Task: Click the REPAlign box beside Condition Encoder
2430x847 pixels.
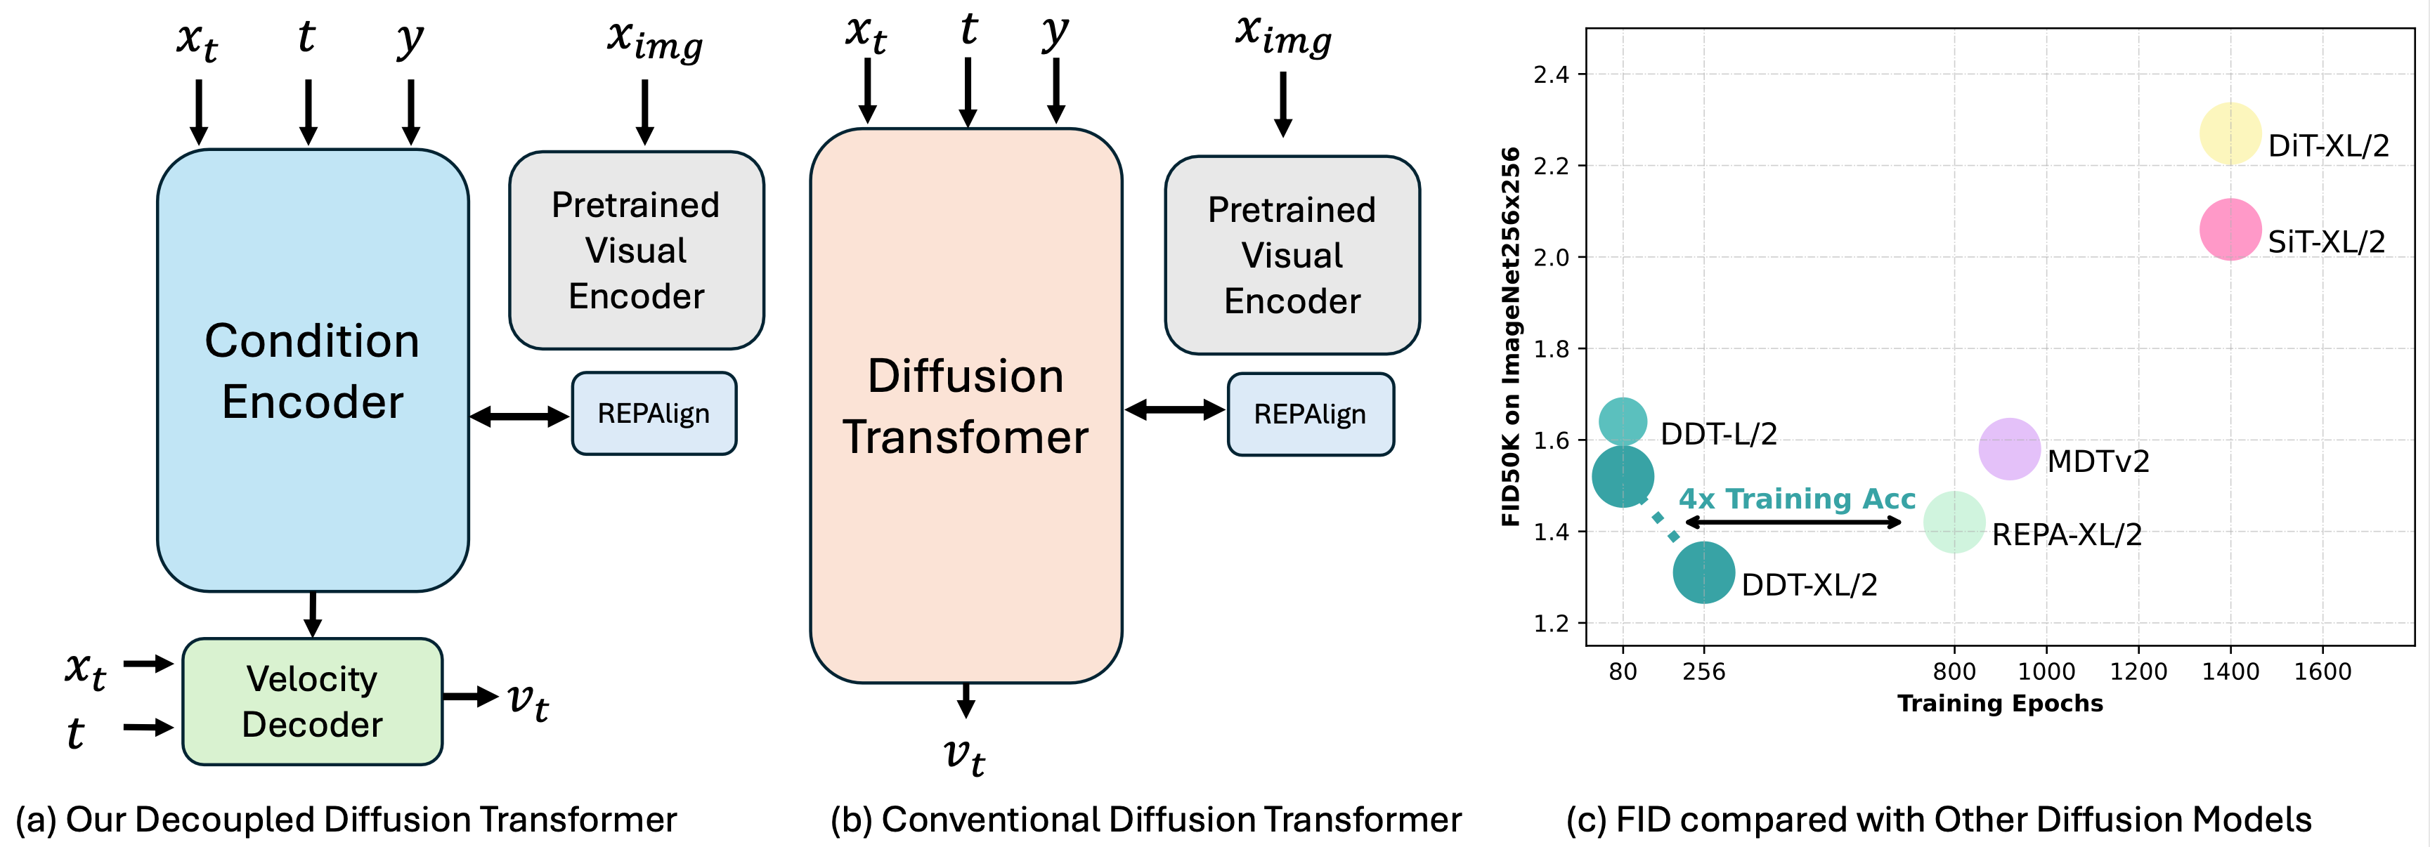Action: pyautogui.click(x=654, y=413)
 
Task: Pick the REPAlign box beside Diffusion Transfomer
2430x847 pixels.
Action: pyautogui.click(x=1309, y=414)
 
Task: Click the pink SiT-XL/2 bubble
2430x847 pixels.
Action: pyautogui.click(x=2230, y=229)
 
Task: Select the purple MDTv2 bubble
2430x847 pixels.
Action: pyautogui.click(x=2009, y=449)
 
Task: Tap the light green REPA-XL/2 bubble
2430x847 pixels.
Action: pyautogui.click(x=1954, y=522)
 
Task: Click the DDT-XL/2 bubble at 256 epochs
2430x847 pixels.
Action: pyautogui.click(x=1703, y=572)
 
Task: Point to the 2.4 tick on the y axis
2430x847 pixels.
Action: pyautogui.click(x=1551, y=74)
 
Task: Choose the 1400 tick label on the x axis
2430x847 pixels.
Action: pyautogui.click(x=2230, y=671)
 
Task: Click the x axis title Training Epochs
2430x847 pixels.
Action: pyautogui.click(x=2000, y=704)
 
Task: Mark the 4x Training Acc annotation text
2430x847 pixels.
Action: pyautogui.click(x=1796, y=498)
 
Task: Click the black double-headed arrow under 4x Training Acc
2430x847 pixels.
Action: pyautogui.click(x=1793, y=523)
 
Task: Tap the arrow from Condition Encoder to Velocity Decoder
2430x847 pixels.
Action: pyautogui.click(x=312, y=614)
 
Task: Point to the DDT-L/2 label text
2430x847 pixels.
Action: pyautogui.click(x=1717, y=434)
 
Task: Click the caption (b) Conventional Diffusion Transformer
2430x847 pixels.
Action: pyautogui.click(x=1145, y=820)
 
